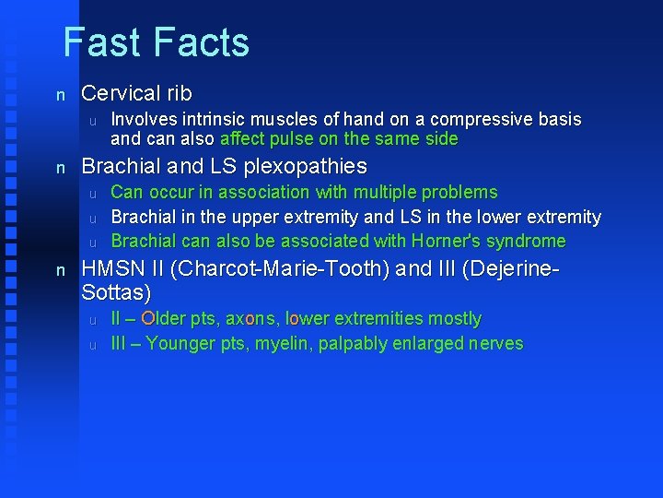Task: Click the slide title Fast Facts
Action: (x=156, y=42)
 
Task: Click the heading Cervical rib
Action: (x=136, y=94)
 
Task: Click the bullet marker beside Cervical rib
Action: (x=61, y=95)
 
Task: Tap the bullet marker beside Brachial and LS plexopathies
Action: (x=61, y=168)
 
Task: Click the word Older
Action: (x=164, y=319)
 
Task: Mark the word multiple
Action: (x=383, y=193)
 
